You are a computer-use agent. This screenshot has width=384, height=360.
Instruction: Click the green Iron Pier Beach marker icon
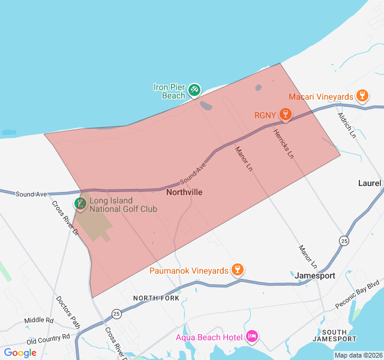[194, 91]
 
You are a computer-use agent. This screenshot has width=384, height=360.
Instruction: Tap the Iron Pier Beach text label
[169, 91]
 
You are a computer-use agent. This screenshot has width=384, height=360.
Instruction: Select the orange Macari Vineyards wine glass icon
[362, 96]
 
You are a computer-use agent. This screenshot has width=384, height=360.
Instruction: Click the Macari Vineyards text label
[321, 97]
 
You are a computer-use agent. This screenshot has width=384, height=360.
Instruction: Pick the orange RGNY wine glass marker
[286, 114]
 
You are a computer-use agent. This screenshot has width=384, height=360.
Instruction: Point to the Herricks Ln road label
[284, 144]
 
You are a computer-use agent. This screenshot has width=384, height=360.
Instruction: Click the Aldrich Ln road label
[347, 125]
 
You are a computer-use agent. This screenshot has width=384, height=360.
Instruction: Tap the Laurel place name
[370, 183]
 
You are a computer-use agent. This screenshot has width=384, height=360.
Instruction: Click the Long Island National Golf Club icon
[80, 204]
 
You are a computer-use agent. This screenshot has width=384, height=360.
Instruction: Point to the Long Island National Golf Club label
[123, 205]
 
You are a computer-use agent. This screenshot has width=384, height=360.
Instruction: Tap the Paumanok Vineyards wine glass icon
[238, 270]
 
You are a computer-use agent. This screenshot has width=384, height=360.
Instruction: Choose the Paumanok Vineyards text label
[190, 271]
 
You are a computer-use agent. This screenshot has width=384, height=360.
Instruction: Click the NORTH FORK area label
[156, 298]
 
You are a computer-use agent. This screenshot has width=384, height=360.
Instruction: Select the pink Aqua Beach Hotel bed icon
[252, 337]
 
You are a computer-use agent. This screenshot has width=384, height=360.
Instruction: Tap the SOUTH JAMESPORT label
[339, 335]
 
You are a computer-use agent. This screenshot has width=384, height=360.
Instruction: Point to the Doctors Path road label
[68, 311]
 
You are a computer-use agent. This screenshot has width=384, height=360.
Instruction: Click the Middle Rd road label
[39, 321]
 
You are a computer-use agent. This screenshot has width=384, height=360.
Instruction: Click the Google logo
[20, 353]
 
